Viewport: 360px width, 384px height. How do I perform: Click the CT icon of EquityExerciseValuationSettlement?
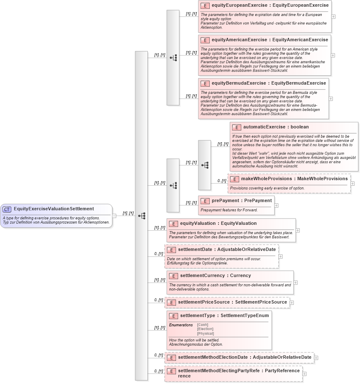pyautogui.click(x=7, y=209)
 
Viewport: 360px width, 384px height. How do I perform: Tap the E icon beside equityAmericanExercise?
pyautogui.click(x=205, y=40)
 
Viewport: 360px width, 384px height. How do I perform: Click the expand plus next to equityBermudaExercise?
pyautogui.click(x=331, y=99)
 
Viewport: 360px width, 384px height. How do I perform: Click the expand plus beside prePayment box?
pyautogui.click(x=276, y=205)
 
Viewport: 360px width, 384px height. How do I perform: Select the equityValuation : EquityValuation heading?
pyautogui.click(x=218, y=224)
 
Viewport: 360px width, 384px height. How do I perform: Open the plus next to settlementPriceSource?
pyautogui.click(x=291, y=302)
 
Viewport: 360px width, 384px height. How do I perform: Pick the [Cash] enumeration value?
pyautogui.click(x=203, y=325)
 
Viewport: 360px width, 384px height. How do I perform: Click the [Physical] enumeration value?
pyautogui.click(x=205, y=333)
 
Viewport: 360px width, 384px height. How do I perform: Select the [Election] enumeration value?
pyautogui.click(x=205, y=329)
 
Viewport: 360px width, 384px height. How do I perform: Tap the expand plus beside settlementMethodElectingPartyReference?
pyautogui.click(x=304, y=373)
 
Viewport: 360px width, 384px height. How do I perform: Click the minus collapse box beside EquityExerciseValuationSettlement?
pyautogui.click(x=114, y=216)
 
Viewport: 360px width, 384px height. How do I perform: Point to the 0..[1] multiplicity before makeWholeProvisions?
pyautogui.click(x=221, y=181)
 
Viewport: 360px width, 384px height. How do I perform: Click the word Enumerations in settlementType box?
pyautogui.click(x=181, y=325)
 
